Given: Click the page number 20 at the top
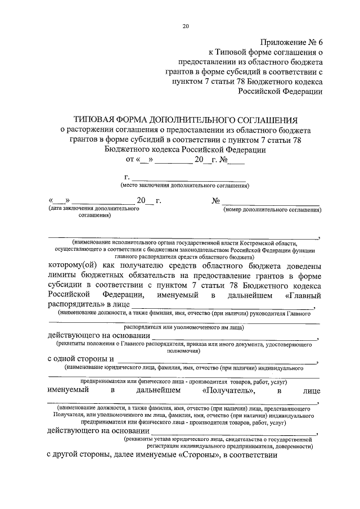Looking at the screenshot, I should (x=186, y=26).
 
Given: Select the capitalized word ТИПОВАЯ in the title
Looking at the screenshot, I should (x=98, y=120).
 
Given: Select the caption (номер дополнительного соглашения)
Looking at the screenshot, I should (x=272, y=209).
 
